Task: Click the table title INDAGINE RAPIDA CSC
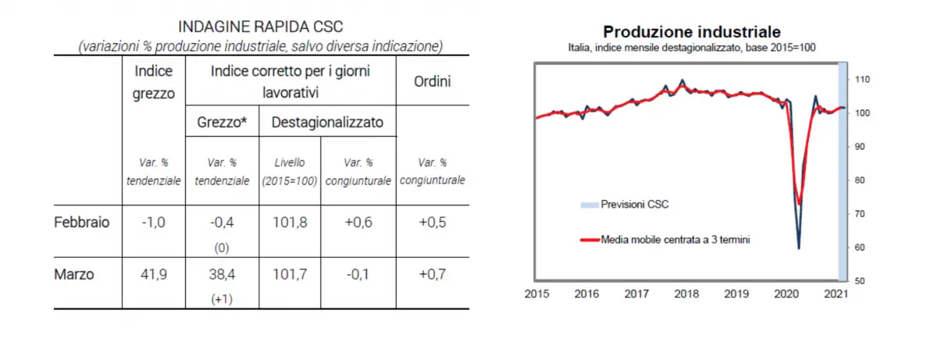pyautogui.click(x=261, y=27)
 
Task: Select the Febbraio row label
pyautogui.click(x=82, y=222)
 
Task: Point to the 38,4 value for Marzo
pyautogui.click(x=222, y=274)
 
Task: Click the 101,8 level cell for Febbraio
pyautogui.click(x=289, y=222)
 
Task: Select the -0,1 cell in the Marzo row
pyautogui.click(x=358, y=274)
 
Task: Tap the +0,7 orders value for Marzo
pyautogui.click(x=433, y=274)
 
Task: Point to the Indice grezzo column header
pyautogui.click(x=155, y=81)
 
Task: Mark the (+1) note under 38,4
pyautogui.click(x=222, y=298)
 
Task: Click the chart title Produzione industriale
pyautogui.click(x=692, y=32)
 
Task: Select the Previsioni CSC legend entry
pyautogui.click(x=634, y=205)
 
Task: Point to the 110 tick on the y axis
pyautogui.click(x=863, y=80)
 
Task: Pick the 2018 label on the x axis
pyautogui.click(x=686, y=294)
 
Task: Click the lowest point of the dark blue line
pyautogui.click(x=799, y=248)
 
